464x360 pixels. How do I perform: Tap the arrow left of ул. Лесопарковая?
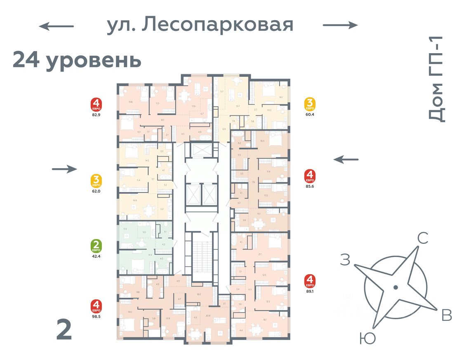[57, 26]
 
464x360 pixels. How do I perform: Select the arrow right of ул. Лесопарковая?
[340, 25]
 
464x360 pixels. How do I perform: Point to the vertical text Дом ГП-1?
[436, 78]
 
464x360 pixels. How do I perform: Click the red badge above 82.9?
[97, 105]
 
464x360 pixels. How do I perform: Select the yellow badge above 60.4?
[310, 104]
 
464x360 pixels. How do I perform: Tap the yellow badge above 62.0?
[97, 181]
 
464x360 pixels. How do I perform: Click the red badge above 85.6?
[310, 176]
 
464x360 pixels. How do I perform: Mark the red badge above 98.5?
[97, 306]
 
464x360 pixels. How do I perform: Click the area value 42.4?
[97, 256]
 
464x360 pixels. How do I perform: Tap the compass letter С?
[422, 238]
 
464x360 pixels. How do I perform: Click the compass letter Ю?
[367, 339]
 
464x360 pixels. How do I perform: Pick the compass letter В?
[446, 315]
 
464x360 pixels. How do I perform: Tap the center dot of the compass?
[396, 287]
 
